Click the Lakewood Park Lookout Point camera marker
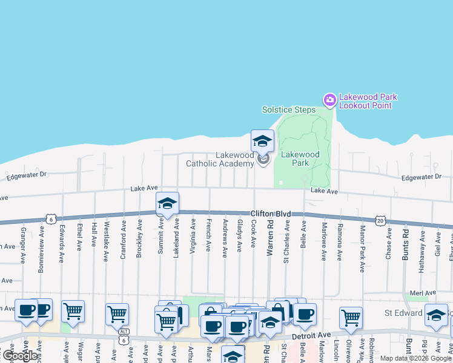(329, 100)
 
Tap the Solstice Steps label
(289, 110)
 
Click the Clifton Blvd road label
(271, 214)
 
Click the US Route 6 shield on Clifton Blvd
(51, 218)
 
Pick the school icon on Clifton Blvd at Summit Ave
(167, 204)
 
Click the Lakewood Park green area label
(300, 159)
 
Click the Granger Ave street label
(23, 244)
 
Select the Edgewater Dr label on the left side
(26, 176)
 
